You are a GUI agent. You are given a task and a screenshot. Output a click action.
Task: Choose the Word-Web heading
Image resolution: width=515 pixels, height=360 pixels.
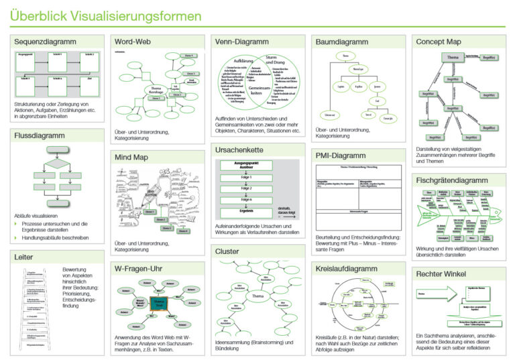[133, 42]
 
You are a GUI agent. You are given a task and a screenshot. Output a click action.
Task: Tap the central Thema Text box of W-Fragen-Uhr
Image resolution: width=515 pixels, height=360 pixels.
[159, 303]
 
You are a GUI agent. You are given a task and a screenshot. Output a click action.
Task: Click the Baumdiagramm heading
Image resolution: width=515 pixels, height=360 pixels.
[341, 42]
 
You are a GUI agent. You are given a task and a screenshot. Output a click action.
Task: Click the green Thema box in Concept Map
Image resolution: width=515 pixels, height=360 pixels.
[454, 58]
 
